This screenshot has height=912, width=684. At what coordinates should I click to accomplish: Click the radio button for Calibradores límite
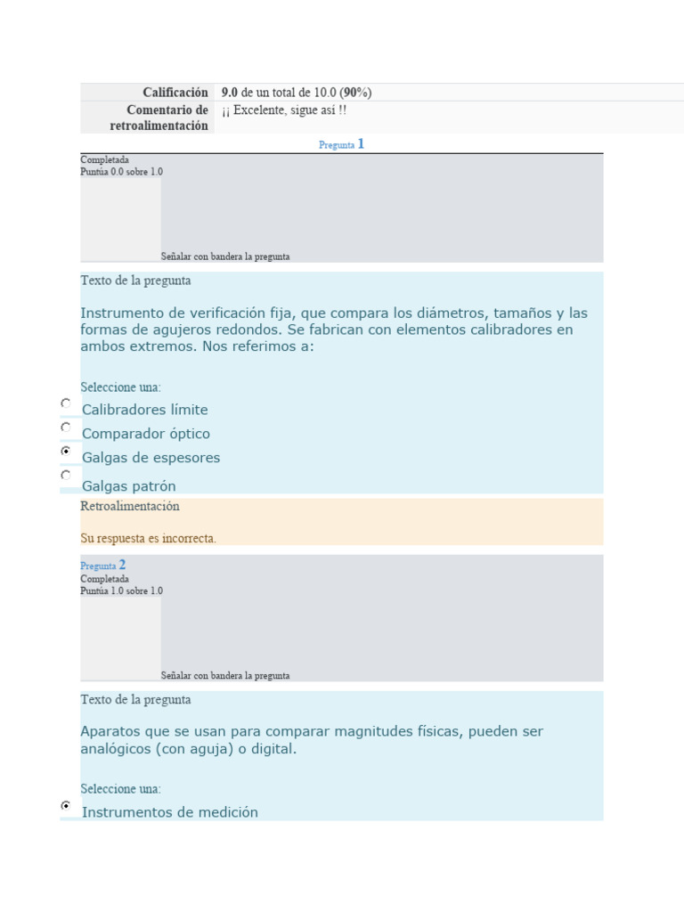66,403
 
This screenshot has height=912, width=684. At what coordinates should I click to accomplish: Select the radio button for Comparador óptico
66,427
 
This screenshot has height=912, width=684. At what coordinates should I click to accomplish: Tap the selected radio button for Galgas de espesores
66,452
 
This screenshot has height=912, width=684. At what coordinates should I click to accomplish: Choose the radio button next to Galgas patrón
66,476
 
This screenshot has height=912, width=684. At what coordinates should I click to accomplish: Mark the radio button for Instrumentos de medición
66,805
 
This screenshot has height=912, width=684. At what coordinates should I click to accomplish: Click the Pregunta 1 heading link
341,144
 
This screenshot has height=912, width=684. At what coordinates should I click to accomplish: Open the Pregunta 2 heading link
102,565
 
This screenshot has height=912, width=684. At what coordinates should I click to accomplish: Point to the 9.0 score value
230,93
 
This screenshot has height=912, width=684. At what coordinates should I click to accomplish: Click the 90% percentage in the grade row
355,93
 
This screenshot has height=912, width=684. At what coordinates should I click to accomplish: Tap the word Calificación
175,93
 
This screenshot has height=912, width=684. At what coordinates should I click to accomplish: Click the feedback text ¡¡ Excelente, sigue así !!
284,110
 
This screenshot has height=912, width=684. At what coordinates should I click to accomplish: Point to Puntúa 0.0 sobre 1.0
121,172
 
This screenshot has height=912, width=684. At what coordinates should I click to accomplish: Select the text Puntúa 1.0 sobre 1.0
121,590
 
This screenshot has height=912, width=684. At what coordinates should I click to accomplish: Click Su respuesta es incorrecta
148,538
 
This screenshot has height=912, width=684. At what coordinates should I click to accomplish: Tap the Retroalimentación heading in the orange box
130,506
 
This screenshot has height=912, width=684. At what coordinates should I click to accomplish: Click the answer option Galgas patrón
129,486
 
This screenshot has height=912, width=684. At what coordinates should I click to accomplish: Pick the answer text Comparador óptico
146,434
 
